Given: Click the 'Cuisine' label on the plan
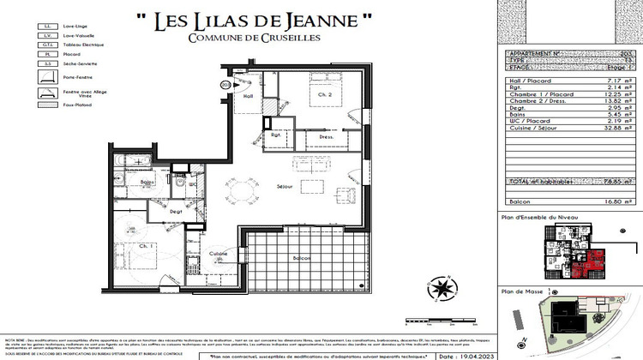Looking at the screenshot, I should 217,254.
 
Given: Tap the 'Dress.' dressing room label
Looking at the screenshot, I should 326,136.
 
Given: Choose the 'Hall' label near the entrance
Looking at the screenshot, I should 248,96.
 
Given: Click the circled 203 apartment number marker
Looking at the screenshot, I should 225,85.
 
